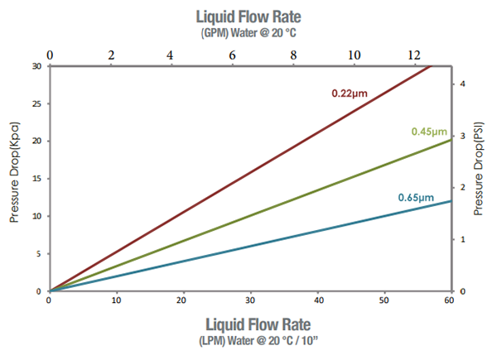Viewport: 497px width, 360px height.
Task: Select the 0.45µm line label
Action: click(430, 132)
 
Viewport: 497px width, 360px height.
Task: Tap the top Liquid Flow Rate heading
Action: click(248, 17)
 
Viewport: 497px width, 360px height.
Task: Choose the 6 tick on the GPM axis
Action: click(232, 55)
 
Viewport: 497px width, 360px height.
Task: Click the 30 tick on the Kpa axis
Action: click(36, 66)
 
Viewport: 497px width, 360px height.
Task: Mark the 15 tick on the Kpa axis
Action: click(37, 179)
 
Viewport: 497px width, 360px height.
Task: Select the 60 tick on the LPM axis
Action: click(450, 300)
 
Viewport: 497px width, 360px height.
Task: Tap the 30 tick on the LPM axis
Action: click(249, 300)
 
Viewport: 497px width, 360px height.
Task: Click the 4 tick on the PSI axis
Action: click(464, 84)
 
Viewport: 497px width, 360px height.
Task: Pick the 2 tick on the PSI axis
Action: click(464, 187)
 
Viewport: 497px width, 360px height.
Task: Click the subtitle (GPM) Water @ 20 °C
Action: click(248, 34)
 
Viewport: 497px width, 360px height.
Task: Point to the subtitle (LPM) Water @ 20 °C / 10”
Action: click(248, 341)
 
